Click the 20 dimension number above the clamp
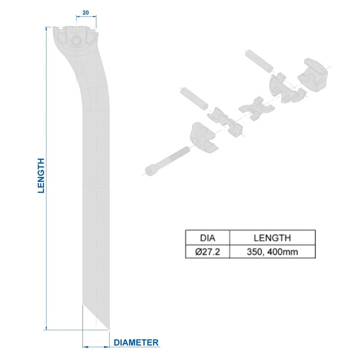(x=85, y=13)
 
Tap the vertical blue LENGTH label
(x=41, y=175)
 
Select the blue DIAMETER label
(x=136, y=342)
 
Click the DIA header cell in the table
(x=207, y=238)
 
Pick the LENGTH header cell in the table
(x=272, y=238)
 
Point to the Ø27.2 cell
(x=207, y=252)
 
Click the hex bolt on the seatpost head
(x=75, y=41)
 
